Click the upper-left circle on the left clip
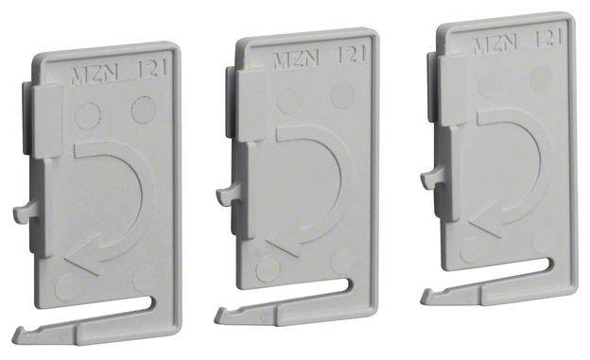point(87,116)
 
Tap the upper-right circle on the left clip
point(143,110)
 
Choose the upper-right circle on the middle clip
point(342,95)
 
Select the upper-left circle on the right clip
point(489,84)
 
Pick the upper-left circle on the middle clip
point(288,102)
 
